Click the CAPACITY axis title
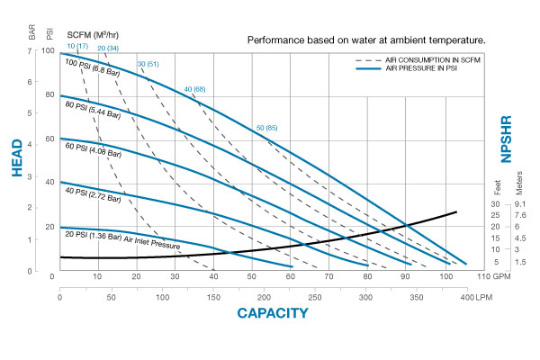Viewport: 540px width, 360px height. coord(272,313)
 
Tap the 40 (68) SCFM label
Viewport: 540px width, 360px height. coord(194,89)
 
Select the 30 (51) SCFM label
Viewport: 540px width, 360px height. coord(148,64)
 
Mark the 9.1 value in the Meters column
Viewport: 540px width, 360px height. coord(520,204)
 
